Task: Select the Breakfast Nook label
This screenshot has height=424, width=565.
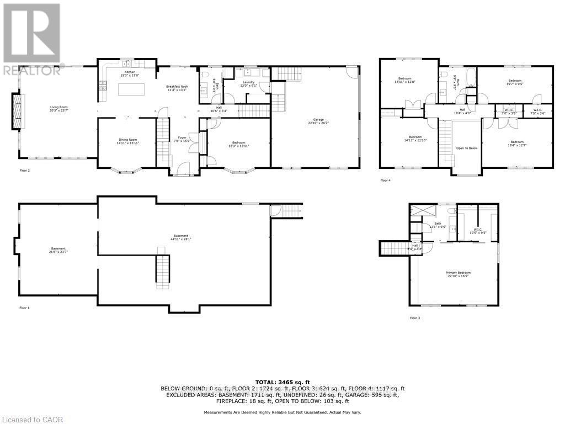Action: [x=178, y=89]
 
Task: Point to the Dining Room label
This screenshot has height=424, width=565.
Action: [x=126, y=141]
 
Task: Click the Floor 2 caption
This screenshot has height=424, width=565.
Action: [x=25, y=171]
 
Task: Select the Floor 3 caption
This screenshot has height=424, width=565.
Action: [x=415, y=318]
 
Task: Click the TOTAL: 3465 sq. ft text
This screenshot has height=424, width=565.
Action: [x=282, y=381]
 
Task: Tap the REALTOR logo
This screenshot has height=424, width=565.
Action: [x=31, y=39]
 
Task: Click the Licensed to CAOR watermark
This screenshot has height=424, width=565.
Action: [x=32, y=420]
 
